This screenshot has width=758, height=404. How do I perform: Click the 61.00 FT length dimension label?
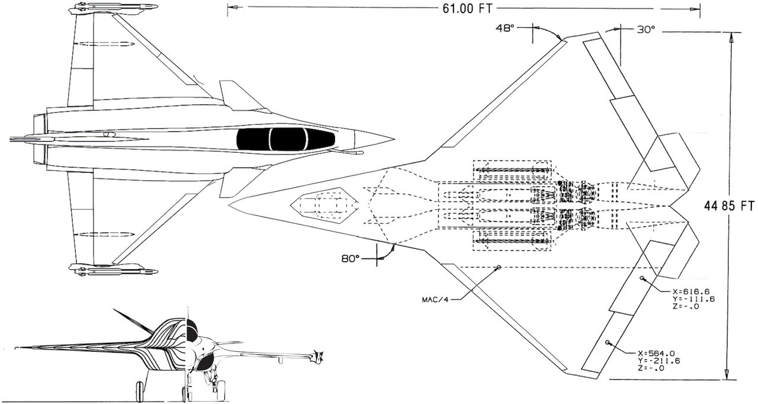[x=464, y=8]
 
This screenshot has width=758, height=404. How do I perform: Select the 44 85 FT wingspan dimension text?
[x=729, y=206]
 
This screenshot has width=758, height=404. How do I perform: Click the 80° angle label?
[x=350, y=258]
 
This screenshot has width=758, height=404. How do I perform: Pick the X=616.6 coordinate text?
[x=691, y=291]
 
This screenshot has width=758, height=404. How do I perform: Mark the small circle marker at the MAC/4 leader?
[x=499, y=268]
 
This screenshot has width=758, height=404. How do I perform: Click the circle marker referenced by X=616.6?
[x=642, y=278]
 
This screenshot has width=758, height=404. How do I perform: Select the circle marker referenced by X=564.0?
[x=608, y=342]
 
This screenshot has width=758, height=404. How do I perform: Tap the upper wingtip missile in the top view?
[x=114, y=8]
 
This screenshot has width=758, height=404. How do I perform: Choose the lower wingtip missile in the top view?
[x=114, y=271]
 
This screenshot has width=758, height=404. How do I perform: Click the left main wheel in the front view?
[x=140, y=392]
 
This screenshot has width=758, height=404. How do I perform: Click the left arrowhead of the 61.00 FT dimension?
[x=232, y=8]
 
